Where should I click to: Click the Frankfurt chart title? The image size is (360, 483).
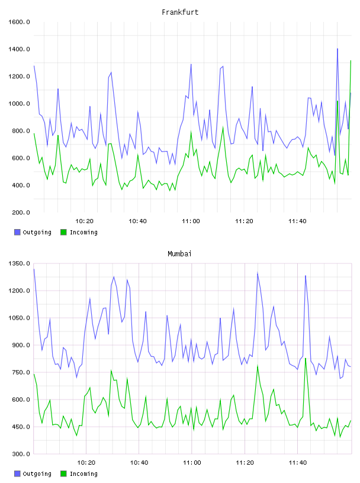(180, 12)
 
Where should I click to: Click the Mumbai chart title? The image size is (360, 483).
(179, 254)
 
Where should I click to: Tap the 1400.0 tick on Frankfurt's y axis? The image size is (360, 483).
(19, 49)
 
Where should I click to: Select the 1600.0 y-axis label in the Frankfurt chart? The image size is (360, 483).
(19, 22)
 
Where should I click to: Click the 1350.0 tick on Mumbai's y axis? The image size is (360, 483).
(19, 263)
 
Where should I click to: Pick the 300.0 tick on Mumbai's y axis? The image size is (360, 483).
(21, 454)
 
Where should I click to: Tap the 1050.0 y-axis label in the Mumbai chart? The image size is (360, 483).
(19, 318)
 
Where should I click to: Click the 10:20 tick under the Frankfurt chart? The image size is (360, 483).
(85, 221)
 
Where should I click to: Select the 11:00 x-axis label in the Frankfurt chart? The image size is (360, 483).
(191, 221)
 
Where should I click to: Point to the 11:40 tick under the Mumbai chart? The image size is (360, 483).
(298, 463)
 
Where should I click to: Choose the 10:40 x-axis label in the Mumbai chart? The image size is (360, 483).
(139, 463)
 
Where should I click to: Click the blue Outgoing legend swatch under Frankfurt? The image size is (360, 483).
(17, 232)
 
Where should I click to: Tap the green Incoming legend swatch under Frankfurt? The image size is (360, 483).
(63, 232)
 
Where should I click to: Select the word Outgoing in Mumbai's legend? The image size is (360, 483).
(37, 474)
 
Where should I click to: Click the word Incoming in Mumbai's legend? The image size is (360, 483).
(83, 474)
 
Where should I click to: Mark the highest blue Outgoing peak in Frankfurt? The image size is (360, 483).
(337, 49)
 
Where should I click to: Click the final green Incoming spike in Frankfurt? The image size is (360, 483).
(351, 61)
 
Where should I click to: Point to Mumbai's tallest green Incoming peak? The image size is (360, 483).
(306, 358)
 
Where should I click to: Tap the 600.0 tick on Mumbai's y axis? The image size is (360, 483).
(21, 400)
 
